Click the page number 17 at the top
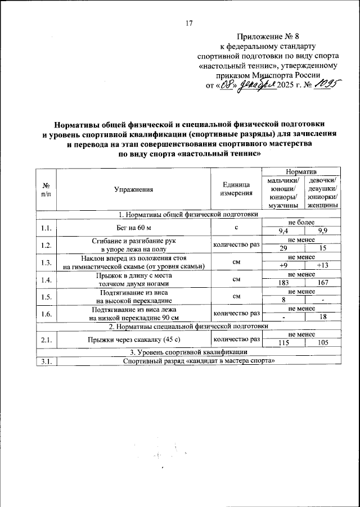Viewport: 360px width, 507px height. coord(189,23)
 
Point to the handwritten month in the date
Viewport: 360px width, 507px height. coord(256,85)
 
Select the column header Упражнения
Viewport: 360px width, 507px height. coord(133,190)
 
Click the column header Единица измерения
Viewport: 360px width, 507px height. coord(236,190)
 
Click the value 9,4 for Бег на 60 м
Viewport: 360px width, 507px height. coord(283,231)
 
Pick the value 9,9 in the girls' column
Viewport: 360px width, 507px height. coord(323,231)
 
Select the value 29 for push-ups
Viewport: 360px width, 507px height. coord(283,248)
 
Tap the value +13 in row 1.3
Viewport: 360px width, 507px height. coord(323,266)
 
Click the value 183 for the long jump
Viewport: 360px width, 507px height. coord(283,283)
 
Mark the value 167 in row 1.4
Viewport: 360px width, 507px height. coord(323,283)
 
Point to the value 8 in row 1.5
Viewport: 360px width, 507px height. coord(283,301)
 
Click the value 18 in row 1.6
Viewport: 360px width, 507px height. coord(323,318)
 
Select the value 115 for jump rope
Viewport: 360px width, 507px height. coord(283,342)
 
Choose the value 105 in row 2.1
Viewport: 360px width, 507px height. coord(323,342)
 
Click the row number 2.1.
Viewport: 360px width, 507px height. coord(46,339)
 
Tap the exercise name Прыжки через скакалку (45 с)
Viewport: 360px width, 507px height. coord(134,339)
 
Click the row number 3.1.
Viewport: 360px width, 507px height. coord(46,361)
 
